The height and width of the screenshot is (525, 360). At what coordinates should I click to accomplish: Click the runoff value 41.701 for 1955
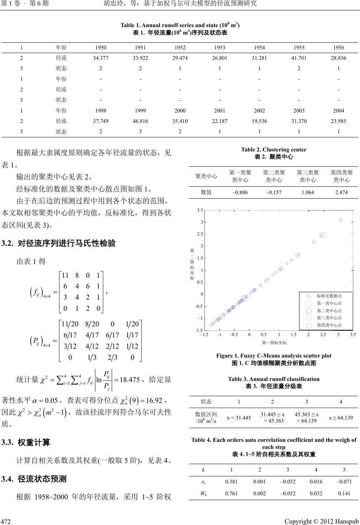pyautogui.click(x=299, y=58)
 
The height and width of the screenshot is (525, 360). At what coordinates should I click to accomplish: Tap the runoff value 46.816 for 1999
pyautogui.click(x=141, y=121)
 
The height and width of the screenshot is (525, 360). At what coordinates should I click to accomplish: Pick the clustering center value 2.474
pyautogui.click(x=341, y=192)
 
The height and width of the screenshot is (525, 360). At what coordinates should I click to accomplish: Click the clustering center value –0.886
pyautogui.click(x=240, y=192)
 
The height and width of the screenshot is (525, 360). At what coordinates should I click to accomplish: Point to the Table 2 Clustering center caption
pyautogui.click(x=274, y=150)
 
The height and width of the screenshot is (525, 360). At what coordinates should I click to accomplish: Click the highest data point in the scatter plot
pyautogui.click(x=340, y=220)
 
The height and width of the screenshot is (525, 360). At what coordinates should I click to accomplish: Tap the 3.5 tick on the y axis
pyautogui.click(x=200, y=210)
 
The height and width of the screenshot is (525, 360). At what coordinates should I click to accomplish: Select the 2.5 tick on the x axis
pyautogui.click(x=323, y=335)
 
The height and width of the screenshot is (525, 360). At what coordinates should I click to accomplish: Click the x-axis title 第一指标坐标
pyautogui.click(x=274, y=342)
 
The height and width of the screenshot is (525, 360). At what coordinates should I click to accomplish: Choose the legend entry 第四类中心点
pyautogui.click(x=329, y=325)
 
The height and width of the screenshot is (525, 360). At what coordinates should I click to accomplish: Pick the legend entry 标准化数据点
pyautogui.click(x=329, y=296)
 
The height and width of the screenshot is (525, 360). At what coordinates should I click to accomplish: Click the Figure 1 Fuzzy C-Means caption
pyautogui.click(x=274, y=356)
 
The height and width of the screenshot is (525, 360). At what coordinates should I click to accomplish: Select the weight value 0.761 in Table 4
pyautogui.click(x=231, y=493)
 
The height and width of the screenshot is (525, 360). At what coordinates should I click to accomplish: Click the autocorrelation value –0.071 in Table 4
pyautogui.click(x=344, y=482)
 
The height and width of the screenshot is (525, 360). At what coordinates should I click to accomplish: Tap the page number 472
pyautogui.click(x=6, y=519)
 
